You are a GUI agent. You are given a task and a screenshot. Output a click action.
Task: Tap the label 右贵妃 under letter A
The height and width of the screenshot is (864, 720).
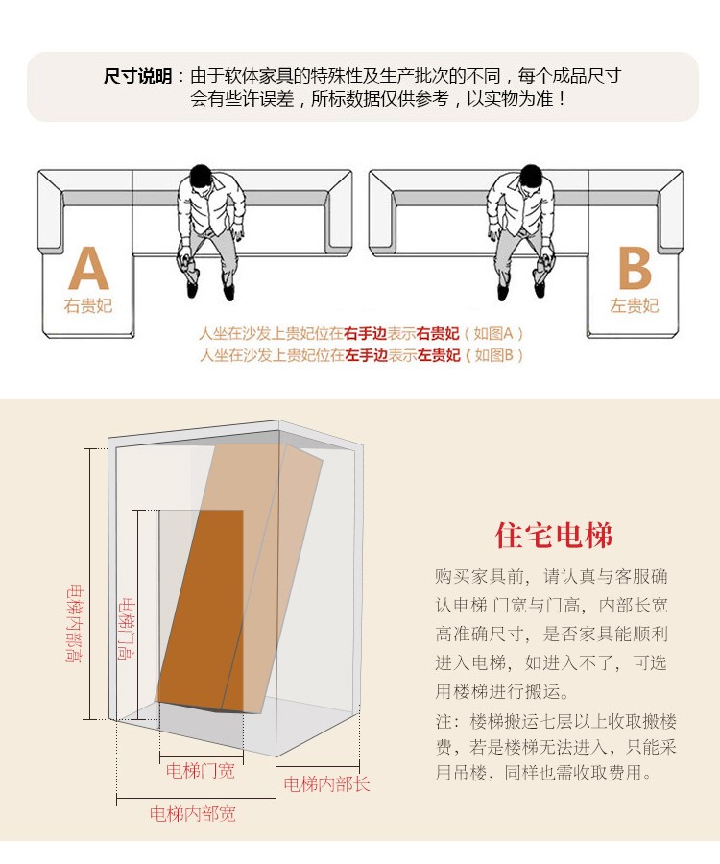coord(88,307)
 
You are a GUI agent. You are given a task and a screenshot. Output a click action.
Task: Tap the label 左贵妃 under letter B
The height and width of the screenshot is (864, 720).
coord(635,306)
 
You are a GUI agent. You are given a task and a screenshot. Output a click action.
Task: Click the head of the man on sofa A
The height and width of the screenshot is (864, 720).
coord(199,180)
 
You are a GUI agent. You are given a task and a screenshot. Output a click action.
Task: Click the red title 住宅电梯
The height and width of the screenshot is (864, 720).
coord(554,535)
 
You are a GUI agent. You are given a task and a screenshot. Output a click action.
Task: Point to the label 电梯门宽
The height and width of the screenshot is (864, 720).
coord(200,770)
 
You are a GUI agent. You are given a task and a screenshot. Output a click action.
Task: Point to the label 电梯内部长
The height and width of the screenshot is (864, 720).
coord(326,784)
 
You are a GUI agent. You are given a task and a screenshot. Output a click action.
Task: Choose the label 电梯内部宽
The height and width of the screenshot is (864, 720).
coord(192,814)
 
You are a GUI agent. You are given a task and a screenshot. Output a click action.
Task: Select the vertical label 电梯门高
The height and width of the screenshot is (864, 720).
coord(125,629)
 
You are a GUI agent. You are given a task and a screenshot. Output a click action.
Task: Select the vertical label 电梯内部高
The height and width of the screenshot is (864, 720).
coord(74,625)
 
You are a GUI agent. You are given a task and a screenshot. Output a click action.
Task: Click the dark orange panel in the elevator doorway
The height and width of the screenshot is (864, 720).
coord(202,605)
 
